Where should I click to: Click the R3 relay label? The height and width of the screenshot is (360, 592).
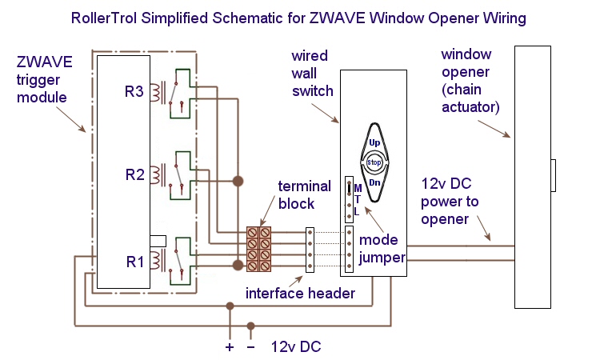pyautogui.click(x=134, y=92)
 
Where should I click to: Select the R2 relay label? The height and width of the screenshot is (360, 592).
pyautogui.click(x=134, y=173)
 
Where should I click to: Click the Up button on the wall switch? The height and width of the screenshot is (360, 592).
pyautogui.click(x=374, y=142)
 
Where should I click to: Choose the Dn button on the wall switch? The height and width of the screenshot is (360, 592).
pyautogui.click(x=374, y=183)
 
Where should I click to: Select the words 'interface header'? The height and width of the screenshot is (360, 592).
pyautogui.click(x=301, y=294)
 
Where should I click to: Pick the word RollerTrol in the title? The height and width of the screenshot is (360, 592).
pyautogui.click(x=108, y=17)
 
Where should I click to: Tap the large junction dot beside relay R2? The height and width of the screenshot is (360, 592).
pyautogui.click(x=238, y=182)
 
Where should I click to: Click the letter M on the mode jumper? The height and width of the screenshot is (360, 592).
pyautogui.click(x=357, y=187)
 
